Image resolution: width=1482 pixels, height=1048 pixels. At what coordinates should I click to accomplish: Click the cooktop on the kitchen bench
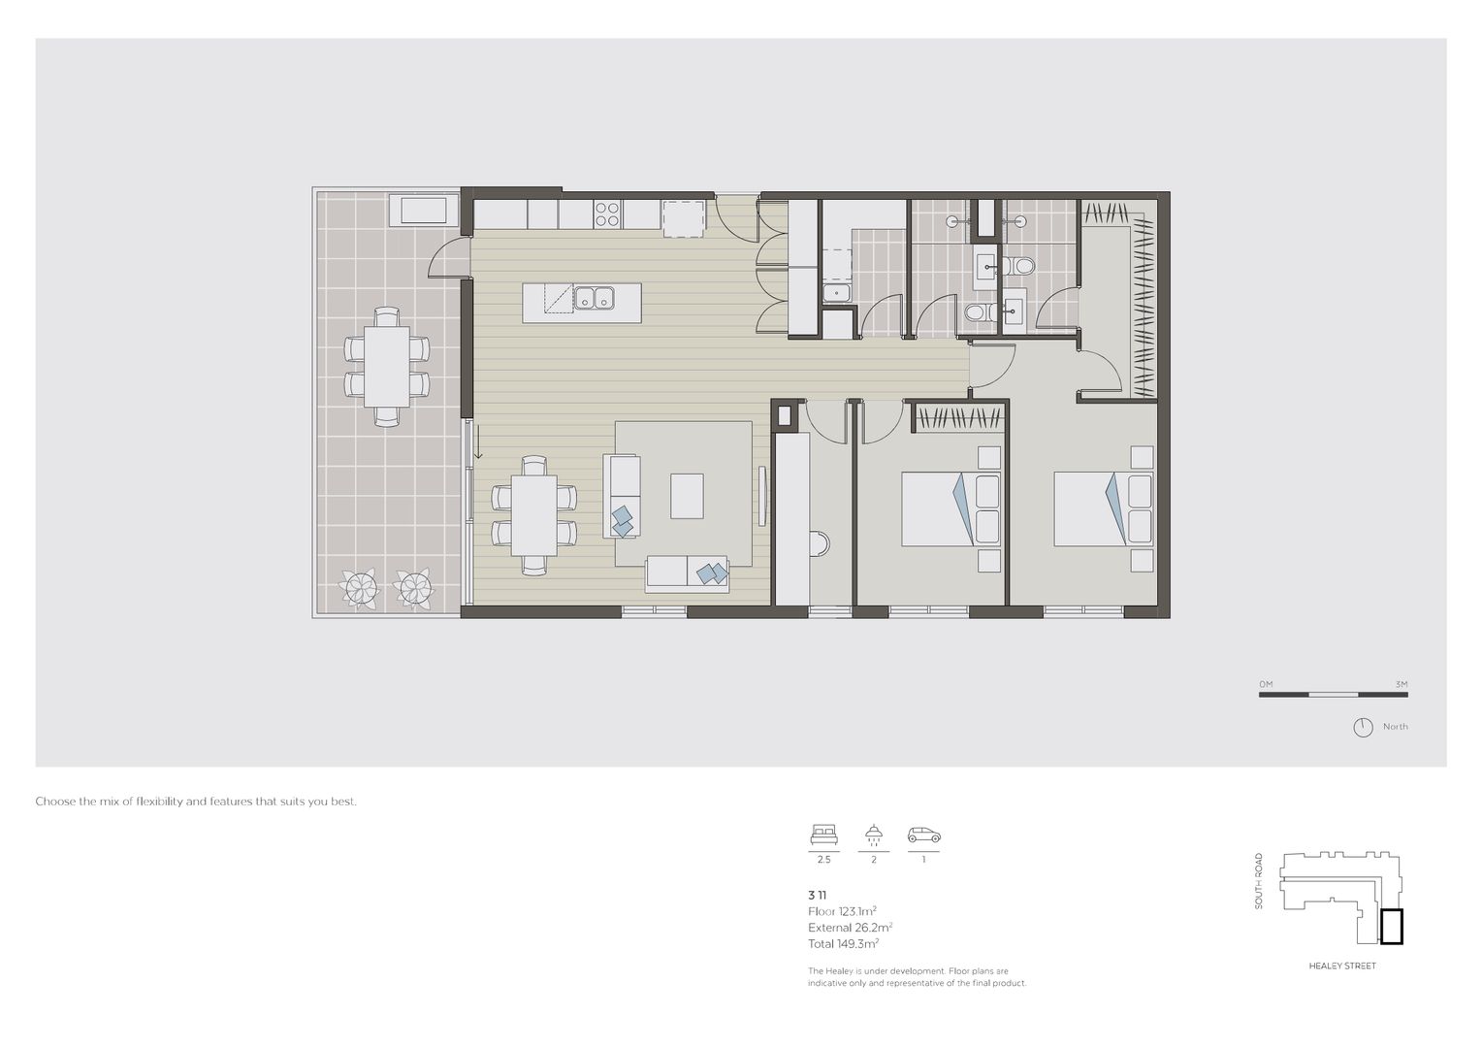pyautogui.click(x=607, y=213)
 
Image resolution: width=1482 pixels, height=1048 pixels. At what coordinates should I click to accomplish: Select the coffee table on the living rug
pyautogui.click(x=688, y=496)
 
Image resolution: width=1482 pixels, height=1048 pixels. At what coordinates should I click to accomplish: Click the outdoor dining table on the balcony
pyautogui.click(x=387, y=366)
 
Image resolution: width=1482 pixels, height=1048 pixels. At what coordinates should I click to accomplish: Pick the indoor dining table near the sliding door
pyautogui.click(x=534, y=514)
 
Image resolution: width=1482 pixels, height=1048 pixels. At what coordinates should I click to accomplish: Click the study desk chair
pyautogui.click(x=821, y=543)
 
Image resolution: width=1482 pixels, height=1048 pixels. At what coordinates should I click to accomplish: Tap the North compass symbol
pyautogui.click(x=1364, y=727)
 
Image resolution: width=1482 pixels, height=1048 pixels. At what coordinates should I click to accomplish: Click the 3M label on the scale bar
pyautogui.click(x=1400, y=684)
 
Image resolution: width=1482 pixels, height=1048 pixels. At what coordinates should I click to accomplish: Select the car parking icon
pyautogui.click(x=923, y=835)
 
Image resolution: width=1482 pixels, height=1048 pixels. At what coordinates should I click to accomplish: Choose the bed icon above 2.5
pyautogui.click(x=824, y=835)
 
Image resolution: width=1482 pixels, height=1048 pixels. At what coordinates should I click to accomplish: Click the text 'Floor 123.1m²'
pyautogui.click(x=842, y=911)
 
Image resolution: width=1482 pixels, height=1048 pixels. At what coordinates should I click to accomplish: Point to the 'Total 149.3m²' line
pyautogui.click(x=843, y=943)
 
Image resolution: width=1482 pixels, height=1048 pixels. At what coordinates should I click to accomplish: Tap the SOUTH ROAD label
pyautogui.click(x=1259, y=880)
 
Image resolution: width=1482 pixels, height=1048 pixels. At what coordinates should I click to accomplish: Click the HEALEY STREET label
pyautogui.click(x=1342, y=966)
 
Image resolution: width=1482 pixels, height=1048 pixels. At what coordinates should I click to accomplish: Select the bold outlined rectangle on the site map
pyautogui.click(x=1392, y=926)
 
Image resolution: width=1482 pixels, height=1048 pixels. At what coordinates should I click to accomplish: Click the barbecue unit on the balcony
pyautogui.click(x=419, y=210)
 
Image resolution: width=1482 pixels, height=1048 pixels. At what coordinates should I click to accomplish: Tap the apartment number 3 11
pyautogui.click(x=817, y=895)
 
